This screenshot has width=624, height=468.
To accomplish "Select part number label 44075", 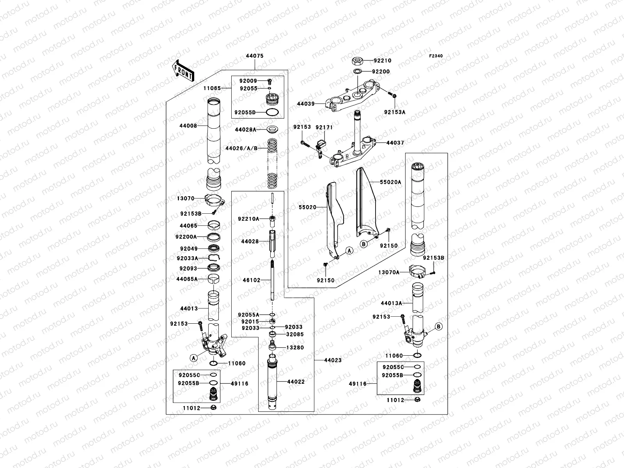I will click(x=254, y=56).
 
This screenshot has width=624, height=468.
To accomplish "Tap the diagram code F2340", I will click(x=436, y=56).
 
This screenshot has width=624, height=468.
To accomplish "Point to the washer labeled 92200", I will click(x=357, y=71).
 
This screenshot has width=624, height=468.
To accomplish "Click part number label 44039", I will click(x=306, y=104).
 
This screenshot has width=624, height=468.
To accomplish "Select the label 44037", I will click(x=395, y=143).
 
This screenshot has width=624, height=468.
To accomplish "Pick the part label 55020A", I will click(x=391, y=182).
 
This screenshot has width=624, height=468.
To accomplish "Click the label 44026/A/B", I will click(x=241, y=148).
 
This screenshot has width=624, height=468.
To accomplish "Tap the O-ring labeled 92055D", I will click(x=273, y=112).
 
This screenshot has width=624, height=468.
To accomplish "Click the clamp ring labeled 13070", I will click(x=213, y=202).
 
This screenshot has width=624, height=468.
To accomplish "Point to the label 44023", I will click(x=333, y=360).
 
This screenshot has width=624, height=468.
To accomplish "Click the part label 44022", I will click(x=296, y=382).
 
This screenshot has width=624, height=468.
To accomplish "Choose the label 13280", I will click(x=295, y=347).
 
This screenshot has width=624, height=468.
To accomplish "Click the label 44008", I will click(x=188, y=126).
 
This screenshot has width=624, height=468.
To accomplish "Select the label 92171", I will click(x=324, y=127).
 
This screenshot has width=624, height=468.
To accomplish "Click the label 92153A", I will click(x=395, y=112).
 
